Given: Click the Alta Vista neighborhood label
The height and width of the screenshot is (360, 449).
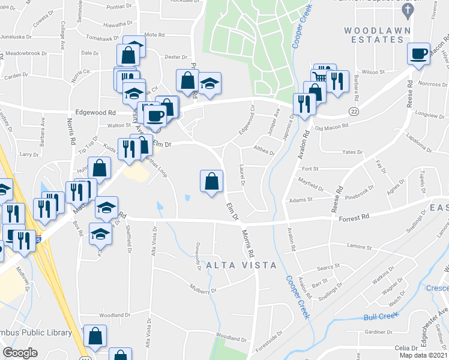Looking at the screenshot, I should coord(242,265).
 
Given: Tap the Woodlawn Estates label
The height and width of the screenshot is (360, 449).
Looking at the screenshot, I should coord(373,35).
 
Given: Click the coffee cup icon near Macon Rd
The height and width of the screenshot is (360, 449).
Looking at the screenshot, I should coord(418,53).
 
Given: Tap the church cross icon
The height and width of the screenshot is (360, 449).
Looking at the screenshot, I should coord(408,10).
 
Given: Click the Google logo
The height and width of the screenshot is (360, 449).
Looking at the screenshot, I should coord(20,353).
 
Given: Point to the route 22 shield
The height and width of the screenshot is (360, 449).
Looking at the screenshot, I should coord(354,112).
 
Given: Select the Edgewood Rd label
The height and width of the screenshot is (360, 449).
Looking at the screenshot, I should coord(95,112).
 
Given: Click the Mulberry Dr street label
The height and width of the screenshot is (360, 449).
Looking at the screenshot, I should coord(204,290).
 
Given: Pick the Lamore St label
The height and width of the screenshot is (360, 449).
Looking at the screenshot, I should coord(360,247).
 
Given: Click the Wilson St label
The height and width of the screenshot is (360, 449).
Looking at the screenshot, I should coord(373,71).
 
